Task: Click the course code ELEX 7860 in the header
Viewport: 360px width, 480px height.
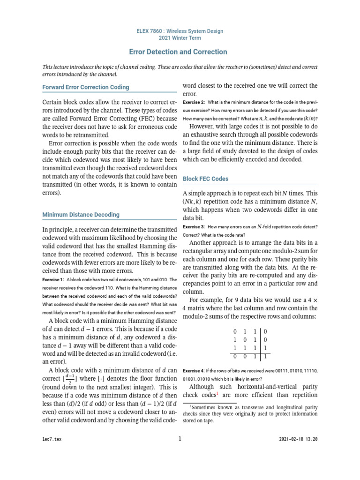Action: (x=153, y=31)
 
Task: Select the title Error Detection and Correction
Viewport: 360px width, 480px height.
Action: (x=178, y=52)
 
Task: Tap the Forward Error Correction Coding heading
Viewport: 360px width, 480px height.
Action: (x=86, y=87)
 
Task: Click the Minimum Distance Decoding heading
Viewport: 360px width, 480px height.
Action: (x=81, y=215)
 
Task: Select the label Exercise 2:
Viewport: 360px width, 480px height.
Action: (x=194, y=102)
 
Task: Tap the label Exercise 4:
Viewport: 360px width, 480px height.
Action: (x=194, y=370)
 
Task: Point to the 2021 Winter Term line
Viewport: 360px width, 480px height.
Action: (x=179, y=39)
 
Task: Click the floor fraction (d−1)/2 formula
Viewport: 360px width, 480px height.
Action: (x=68, y=379)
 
